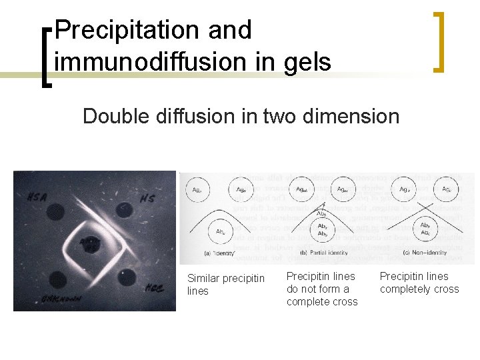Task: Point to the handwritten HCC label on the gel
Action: coord(152,287)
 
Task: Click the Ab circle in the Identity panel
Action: coord(219,233)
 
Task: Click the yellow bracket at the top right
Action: coord(439,41)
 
